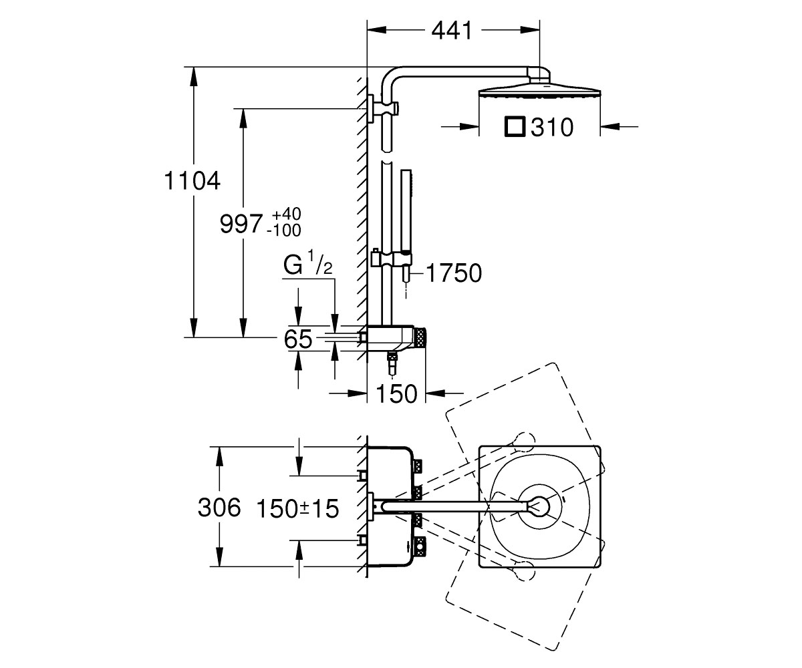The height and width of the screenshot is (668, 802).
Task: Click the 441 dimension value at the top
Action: [x=452, y=31]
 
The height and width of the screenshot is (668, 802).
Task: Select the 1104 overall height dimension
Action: [x=192, y=180]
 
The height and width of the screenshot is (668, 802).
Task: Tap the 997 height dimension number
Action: [x=241, y=224]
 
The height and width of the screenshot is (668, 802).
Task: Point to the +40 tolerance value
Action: [x=287, y=214]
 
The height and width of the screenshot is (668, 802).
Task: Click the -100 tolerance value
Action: [x=284, y=230]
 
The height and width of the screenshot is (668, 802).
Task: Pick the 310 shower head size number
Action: [x=552, y=128]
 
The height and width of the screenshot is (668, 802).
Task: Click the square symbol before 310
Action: [x=515, y=127]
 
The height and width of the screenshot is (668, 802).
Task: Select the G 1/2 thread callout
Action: [x=307, y=264]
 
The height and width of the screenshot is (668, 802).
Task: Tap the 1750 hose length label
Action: [x=454, y=273]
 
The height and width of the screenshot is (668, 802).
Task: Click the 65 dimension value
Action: [x=298, y=339]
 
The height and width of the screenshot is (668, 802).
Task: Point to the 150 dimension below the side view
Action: [x=397, y=393]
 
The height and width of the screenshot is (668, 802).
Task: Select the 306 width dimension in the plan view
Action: [x=219, y=507]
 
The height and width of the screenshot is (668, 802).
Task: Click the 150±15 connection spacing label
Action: [x=297, y=508]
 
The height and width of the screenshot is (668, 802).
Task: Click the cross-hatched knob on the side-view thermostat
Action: [x=420, y=339]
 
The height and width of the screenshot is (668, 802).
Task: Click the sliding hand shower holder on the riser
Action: [x=391, y=259]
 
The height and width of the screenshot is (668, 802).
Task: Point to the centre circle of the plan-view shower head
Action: [x=539, y=507]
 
